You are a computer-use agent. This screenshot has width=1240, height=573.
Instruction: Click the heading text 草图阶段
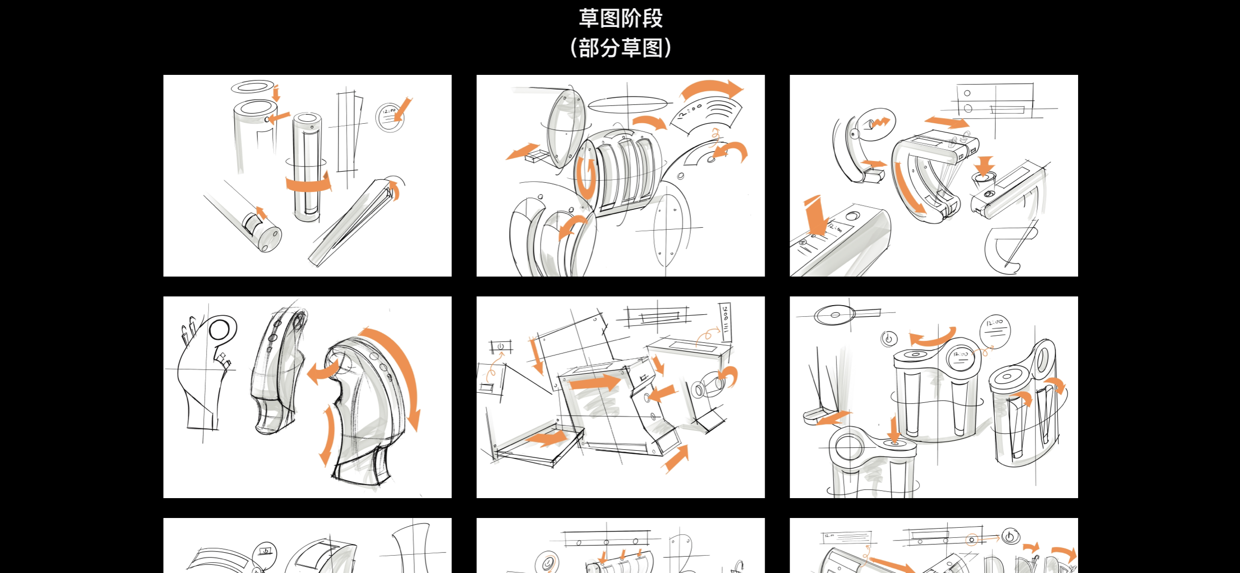(620, 18)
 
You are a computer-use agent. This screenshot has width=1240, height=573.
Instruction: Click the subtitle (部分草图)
(620, 48)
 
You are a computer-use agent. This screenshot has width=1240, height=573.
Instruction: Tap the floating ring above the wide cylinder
(252, 87)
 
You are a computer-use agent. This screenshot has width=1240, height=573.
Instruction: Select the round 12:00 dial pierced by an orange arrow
(389, 117)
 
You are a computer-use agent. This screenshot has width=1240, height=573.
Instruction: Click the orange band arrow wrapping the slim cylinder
(308, 184)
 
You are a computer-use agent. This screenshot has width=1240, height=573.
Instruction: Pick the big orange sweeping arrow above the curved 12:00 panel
(712, 89)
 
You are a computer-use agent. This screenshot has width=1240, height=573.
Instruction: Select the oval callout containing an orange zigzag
(877, 124)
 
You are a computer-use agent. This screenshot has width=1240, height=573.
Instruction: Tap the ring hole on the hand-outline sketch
(220, 330)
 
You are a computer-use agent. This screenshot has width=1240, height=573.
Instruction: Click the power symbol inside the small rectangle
(500, 347)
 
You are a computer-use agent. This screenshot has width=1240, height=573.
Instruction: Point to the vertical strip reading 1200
(725, 319)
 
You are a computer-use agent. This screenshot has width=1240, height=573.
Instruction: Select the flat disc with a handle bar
(835, 315)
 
